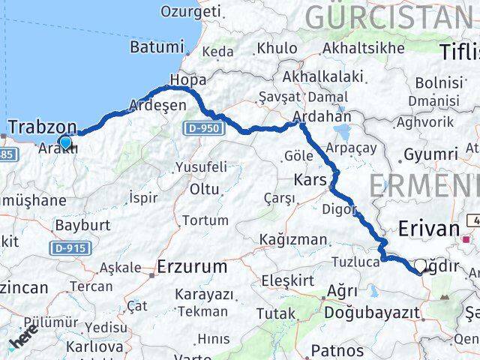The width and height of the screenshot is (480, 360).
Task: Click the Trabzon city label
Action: [x=42, y=126]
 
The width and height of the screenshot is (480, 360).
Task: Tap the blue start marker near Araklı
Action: [x=65, y=142]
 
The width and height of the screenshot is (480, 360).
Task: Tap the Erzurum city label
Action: [x=193, y=266]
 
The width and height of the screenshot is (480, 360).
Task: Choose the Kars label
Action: [x=310, y=180]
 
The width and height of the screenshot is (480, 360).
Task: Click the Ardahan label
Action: [x=322, y=117]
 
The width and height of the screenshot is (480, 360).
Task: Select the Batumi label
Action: [x=157, y=46]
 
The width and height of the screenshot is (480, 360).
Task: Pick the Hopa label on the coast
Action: [x=187, y=79]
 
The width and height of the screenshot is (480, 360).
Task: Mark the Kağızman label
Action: [x=292, y=239]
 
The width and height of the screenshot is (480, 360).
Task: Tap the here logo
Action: [x=25, y=342]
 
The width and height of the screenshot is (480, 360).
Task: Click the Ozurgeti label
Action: [x=191, y=11]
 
